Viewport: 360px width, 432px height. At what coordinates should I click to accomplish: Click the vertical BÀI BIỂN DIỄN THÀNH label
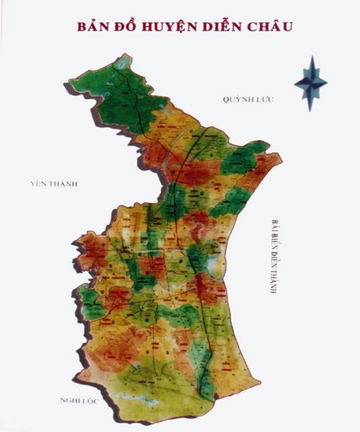(x=275, y=256)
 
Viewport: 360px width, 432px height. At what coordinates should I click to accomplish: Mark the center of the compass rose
(x=310, y=83)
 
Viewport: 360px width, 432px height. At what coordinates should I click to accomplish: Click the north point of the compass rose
(x=310, y=58)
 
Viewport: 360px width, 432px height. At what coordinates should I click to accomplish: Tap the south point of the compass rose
(x=310, y=109)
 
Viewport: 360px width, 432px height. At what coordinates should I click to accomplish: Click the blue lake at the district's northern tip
(x=122, y=63)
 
